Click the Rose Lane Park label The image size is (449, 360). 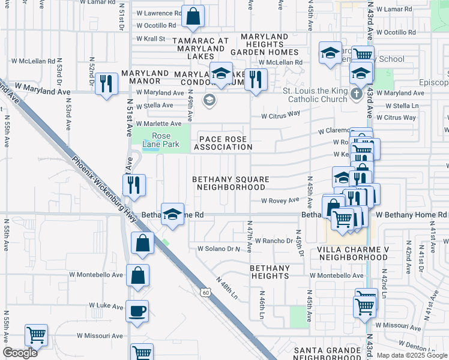[x=161, y=139]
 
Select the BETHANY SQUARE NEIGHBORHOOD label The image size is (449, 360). [x=231, y=183]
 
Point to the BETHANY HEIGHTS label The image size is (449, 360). [x=270, y=272]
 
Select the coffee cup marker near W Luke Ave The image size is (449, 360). [x=137, y=311]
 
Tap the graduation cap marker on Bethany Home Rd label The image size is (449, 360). [x=172, y=214]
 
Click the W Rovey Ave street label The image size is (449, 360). [x=279, y=200]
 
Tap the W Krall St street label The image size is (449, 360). [x=151, y=38]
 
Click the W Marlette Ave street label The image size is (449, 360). [x=158, y=123]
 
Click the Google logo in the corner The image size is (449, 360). [x=20, y=353]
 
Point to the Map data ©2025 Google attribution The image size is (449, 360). [x=411, y=355]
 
